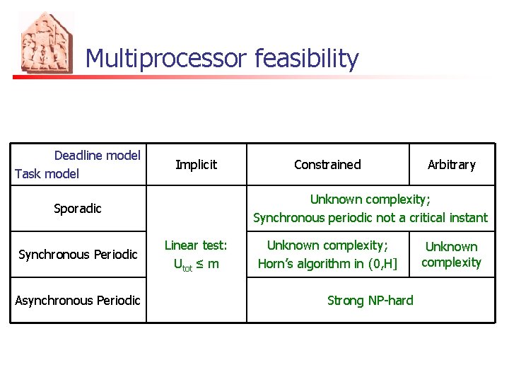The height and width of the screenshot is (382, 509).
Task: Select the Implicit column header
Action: click(x=196, y=165)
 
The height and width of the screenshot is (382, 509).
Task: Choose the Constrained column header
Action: click(x=327, y=165)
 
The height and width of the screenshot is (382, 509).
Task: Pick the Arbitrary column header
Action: click(x=451, y=165)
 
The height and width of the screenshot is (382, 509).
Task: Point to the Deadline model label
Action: click(x=98, y=156)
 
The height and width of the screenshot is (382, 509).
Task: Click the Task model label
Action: click(x=47, y=174)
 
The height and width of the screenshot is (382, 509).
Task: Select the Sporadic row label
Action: click(x=78, y=209)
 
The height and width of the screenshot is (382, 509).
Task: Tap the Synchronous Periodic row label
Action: click(x=78, y=255)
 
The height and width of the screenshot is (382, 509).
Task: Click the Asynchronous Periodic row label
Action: click(x=78, y=301)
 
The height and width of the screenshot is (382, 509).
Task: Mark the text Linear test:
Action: click(x=196, y=245)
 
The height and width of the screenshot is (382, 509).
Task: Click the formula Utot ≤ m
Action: click(x=196, y=264)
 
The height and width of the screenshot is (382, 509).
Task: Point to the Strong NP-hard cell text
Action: click(x=370, y=301)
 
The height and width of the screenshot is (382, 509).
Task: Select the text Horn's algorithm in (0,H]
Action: click(x=327, y=264)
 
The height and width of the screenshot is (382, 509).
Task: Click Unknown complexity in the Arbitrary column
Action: click(x=451, y=255)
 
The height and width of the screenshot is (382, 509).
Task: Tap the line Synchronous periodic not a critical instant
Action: click(x=370, y=218)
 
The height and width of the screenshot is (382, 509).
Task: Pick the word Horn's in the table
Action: click(x=276, y=264)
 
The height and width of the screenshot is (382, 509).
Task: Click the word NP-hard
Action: click(x=390, y=301)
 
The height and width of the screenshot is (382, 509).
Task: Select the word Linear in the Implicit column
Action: click(x=181, y=245)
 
